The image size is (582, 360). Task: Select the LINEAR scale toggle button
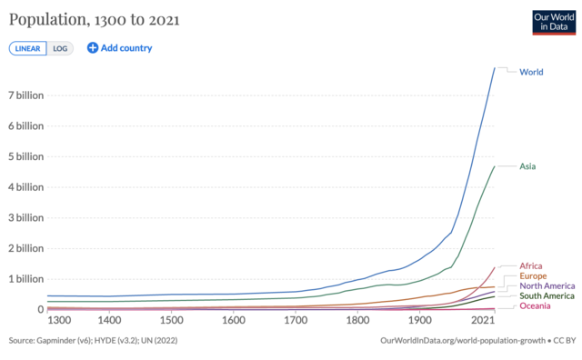tap(27, 48)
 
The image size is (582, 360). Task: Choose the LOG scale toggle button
tap(58, 48)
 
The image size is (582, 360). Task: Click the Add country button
tap(119, 48)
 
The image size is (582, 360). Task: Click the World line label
tap(531, 72)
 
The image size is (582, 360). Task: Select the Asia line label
tap(527, 166)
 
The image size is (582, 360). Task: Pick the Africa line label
tap(531, 266)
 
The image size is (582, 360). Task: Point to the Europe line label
tap(532, 275)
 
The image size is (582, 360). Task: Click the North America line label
tap(547, 285)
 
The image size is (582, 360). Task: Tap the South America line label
tap(547, 296)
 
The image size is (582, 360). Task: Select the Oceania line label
tap(534, 306)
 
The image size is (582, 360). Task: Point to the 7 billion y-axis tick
tap(25, 95)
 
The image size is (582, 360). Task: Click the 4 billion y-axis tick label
tap(25, 187)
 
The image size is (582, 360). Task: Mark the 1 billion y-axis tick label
tap(25, 279)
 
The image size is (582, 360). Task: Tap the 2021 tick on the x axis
tap(483, 321)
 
